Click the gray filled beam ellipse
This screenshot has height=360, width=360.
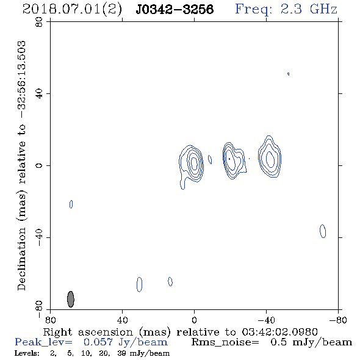[x=71, y=299]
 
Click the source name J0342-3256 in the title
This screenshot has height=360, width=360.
[x=175, y=10]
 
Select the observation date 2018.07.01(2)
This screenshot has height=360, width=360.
[x=72, y=10]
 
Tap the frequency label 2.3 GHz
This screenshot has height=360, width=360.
[x=309, y=9]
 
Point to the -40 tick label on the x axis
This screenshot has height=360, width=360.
[x=266, y=320]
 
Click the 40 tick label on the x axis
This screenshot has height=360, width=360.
[x=123, y=320]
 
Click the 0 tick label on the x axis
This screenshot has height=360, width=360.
[x=194, y=320]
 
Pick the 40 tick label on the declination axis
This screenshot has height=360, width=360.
[x=39, y=94]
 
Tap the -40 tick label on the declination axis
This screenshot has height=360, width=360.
[x=39, y=237]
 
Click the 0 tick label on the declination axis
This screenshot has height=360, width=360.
[x=39, y=165]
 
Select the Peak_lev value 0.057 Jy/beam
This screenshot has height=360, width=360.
[x=125, y=342]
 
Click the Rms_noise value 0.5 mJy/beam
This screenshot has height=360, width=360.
[x=311, y=342]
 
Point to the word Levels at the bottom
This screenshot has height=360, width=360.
[x=27, y=353]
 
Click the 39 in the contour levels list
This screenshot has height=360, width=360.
[x=121, y=353]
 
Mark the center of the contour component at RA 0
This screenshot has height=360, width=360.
[x=194, y=162]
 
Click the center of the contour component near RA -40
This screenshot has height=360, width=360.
[x=270, y=159]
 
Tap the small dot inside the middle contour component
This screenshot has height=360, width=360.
[x=229, y=159]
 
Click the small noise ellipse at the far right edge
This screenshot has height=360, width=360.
[x=323, y=231]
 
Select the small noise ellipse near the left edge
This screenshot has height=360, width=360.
[x=71, y=204]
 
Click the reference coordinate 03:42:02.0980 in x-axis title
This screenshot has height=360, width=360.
[x=279, y=332]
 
